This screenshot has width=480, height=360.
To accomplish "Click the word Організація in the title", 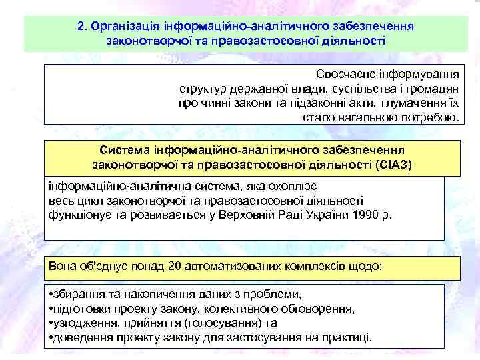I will (120, 26).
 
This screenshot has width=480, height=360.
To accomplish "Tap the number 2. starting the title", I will (82, 26).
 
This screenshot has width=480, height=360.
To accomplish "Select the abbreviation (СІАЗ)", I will (393, 164).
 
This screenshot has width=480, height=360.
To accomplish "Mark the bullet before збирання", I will (52, 294).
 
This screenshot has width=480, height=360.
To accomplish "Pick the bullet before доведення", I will (52, 337).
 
